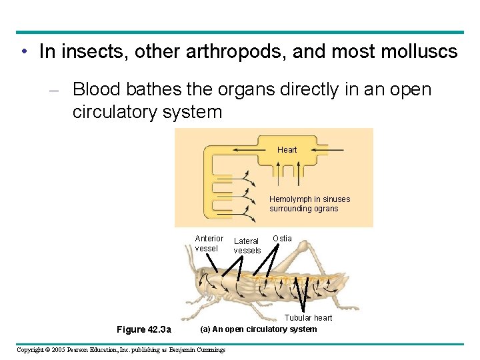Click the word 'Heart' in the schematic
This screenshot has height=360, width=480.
287,150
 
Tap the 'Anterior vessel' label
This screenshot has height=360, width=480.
209,243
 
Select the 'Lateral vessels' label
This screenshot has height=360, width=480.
247,246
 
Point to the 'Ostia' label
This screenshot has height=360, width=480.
282,239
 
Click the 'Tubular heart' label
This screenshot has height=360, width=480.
308,318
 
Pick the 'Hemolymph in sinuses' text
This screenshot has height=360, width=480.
309,199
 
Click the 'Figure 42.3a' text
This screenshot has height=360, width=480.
143,329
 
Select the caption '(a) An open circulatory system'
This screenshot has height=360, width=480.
259,329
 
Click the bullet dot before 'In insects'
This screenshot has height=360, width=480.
23,52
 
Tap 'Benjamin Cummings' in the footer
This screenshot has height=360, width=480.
197,349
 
